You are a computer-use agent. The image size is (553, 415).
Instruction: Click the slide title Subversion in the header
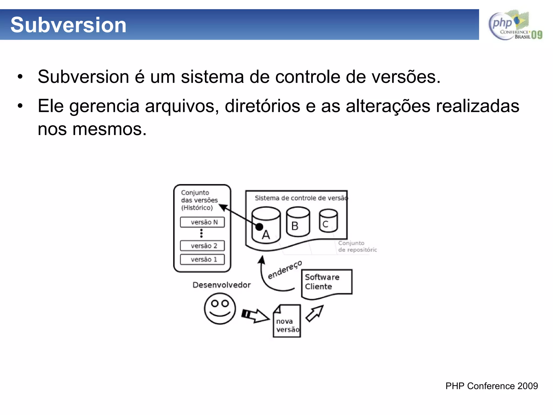[68, 25]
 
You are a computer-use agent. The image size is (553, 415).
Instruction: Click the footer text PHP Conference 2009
[491, 386]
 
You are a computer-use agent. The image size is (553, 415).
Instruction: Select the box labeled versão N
[202, 222]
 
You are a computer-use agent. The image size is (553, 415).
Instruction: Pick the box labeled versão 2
[202, 246]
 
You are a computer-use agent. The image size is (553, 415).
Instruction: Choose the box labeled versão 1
[202, 259]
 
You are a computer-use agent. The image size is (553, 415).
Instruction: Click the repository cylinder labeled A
[266, 226]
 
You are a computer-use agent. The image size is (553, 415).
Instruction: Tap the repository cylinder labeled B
[298, 222]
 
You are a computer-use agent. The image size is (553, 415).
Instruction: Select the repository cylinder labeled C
[328, 221]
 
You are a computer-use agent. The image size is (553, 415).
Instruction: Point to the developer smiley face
[220, 309]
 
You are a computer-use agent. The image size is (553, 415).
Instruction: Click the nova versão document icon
[287, 322]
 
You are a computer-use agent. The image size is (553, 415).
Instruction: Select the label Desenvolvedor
[221, 285]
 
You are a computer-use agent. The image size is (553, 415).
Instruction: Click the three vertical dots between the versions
[201, 233]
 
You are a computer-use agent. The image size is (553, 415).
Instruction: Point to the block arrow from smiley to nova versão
[255, 315]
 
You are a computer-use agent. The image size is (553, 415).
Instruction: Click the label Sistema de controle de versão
[301, 198]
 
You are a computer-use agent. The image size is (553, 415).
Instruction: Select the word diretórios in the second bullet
[262, 106]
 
